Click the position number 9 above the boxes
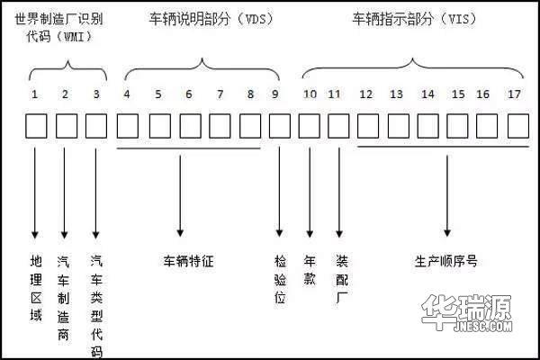coord(274,94)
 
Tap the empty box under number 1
coord(36,126)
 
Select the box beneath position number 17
coord(518,126)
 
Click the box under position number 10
coord(310,126)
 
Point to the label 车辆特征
coord(188,261)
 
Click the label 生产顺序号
coord(446,261)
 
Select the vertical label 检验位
coord(280,279)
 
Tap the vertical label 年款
coord(310,270)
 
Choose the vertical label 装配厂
coord(342,279)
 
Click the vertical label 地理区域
coord(36,288)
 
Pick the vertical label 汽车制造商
coord(63,298)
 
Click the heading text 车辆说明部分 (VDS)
coord(211,19)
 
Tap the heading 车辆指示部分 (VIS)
coord(414,19)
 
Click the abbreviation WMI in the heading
coord(74,37)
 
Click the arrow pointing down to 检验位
coord(279,192)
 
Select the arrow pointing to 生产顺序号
coord(447,195)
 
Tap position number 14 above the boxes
coord(427,94)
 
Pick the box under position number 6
coord(191,126)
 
